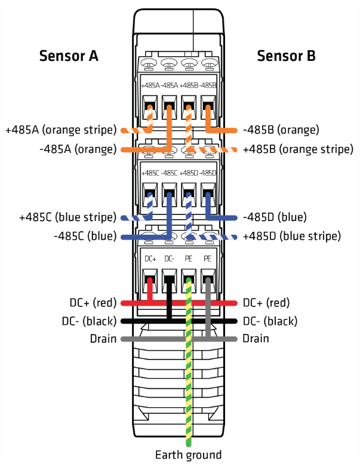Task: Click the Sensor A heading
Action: point(69,56)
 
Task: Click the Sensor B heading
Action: point(286,56)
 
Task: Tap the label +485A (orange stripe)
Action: point(60,130)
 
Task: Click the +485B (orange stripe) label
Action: point(298,149)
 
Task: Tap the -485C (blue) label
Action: point(84,236)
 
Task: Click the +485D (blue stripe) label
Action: point(291,236)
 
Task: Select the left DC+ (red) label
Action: point(89,303)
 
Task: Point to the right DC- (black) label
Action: point(269,321)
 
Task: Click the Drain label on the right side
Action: point(256,339)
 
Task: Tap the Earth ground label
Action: point(188,455)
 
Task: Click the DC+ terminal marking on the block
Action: point(150,259)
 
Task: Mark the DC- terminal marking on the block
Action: point(170,259)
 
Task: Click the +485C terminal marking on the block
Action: point(150,173)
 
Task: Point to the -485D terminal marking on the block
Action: point(208,173)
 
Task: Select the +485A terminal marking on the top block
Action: point(150,85)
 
